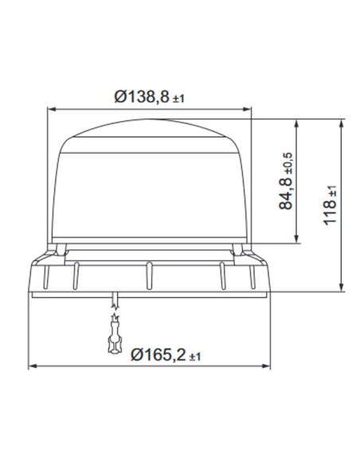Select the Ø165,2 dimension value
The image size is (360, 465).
click(x=158, y=354)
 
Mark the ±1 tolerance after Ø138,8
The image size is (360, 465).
click(x=178, y=99)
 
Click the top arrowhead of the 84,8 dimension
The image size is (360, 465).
click(x=298, y=124)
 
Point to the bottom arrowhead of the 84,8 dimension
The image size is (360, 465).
click(x=298, y=240)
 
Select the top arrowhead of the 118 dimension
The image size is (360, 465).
click(x=342, y=124)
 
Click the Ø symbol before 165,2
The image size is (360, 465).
click(x=135, y=354)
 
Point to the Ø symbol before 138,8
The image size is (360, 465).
click(x=119, y=97)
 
